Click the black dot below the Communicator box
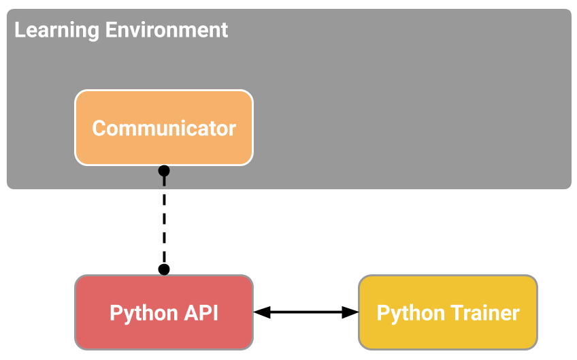[164, 171]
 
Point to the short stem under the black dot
[164, 181]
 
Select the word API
[202, 313]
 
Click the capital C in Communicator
[99, 128]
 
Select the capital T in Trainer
[459, 312]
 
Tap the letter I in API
[216, 313]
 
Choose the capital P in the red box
[116, 313]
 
